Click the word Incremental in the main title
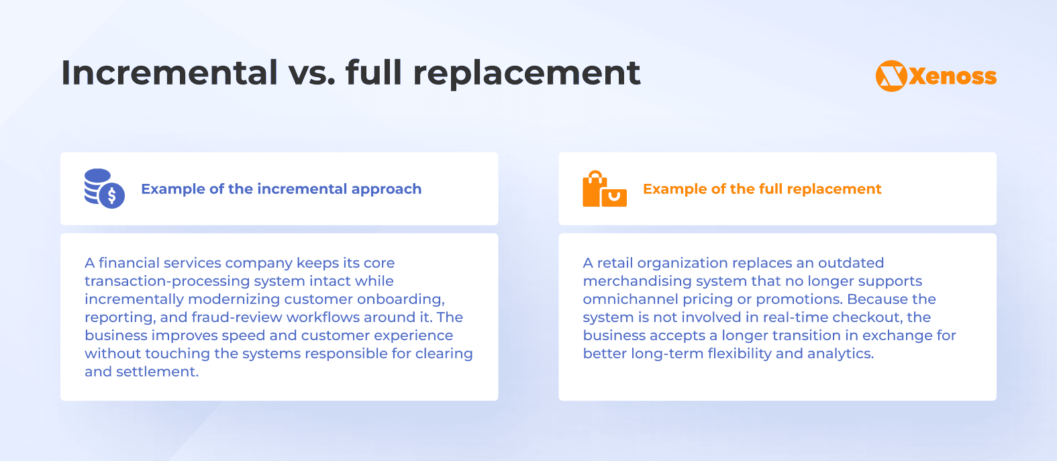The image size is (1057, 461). pyautogui.click(x=169, y=72)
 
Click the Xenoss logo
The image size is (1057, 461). pyautogui.click(x=936, y=76)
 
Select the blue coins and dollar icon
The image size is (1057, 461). pyautogui.click(x=104, y=189)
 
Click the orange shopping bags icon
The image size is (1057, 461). pyautogui.click(x=604, y=189)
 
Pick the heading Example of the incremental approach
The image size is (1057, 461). pyautogui.click(x=281, y=189)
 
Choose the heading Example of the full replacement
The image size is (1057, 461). pyautogui.click(x=762, y=189)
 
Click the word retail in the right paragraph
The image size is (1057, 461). pyautogui.click(x=615, y=263)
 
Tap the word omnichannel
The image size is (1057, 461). pyautogui.click(x=630, y=299)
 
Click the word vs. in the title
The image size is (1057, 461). pyautogui.click(x=311, y=72)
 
